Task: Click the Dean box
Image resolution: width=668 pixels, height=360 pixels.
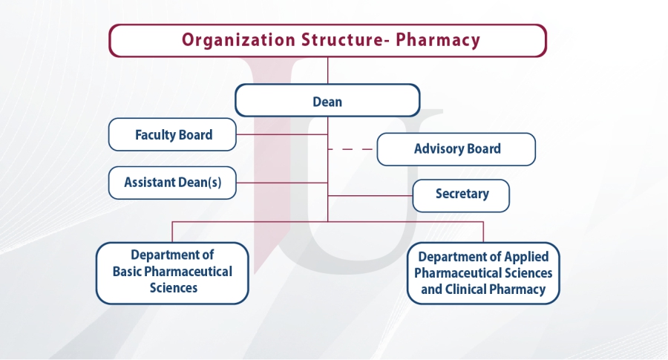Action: [x=327, y=100]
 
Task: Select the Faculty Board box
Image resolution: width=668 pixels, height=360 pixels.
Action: [x=172, y=134]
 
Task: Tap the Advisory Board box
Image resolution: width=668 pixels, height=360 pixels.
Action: [x=456, y=149]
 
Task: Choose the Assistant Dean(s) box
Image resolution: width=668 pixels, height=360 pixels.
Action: [x=172, y=183]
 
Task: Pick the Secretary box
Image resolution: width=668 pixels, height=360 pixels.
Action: [x=461, y=195]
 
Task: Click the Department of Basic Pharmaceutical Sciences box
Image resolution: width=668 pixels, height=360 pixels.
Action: [x=172, y=273]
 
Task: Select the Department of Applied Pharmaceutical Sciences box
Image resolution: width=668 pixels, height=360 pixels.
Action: [x=483, y=273]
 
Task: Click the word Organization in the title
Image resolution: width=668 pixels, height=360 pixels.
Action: [x=238, y=40]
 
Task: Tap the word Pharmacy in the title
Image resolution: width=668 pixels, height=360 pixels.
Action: [x=438, y=40]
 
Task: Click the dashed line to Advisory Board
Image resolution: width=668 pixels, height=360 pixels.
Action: [x=350, y=149]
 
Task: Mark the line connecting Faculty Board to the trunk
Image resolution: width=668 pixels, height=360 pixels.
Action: [x=282, y=134]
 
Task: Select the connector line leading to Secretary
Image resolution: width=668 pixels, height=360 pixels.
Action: [x=370, y=195]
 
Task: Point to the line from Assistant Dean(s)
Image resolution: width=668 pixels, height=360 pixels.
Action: [x=282, y=183]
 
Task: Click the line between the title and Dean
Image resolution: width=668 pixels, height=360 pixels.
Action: [x=327, y=71]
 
